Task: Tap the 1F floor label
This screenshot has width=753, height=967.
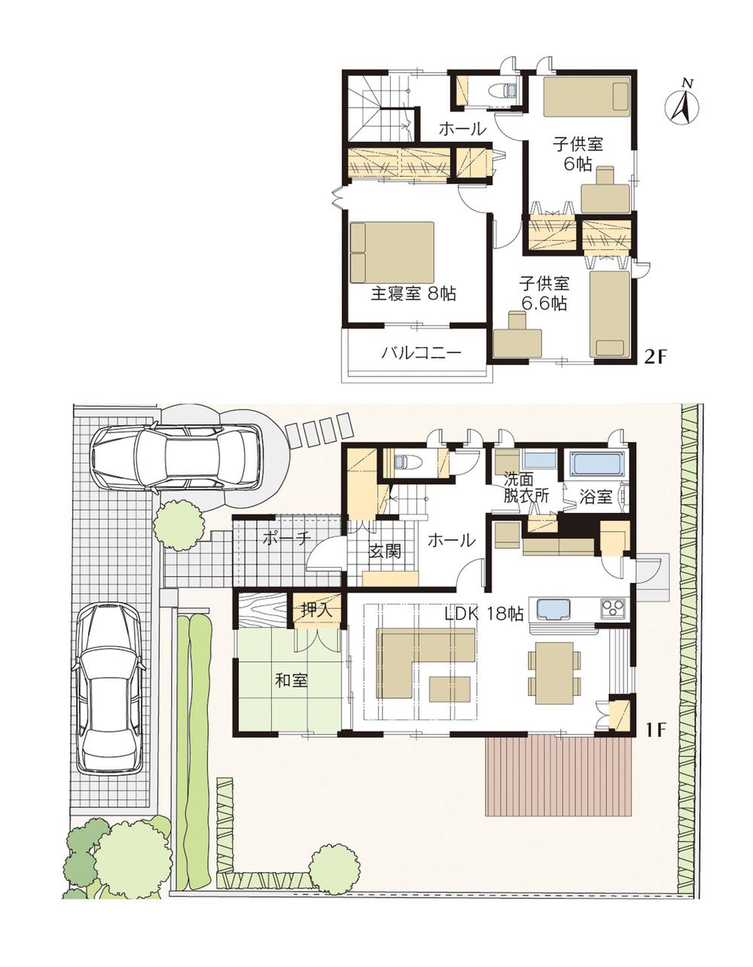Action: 655,729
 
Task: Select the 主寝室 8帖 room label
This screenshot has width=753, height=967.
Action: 413,294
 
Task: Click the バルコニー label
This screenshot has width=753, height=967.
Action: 420,353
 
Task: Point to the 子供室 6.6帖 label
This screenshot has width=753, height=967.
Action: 544,294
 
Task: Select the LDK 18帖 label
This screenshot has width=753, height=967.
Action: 484,614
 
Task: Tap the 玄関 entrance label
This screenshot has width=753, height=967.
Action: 384,552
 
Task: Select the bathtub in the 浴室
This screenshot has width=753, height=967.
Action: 598,464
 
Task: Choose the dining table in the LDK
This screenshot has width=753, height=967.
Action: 555,673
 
